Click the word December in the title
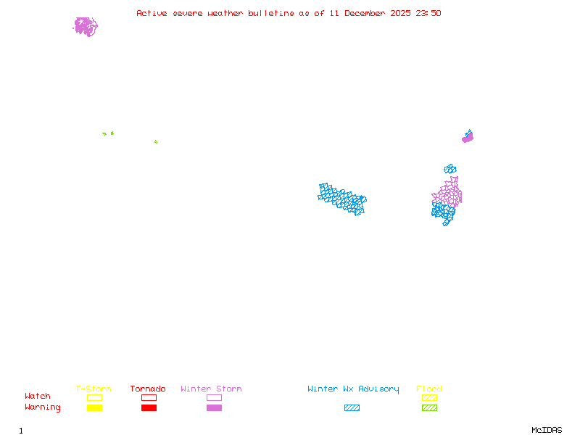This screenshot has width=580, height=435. [x=365, y=13]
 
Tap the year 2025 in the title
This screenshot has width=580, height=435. [x=400, y=13]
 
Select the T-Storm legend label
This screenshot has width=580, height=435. [x=94, y=389]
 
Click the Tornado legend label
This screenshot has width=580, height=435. [x=148, y=389]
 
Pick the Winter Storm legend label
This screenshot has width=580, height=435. [x=211, y=389]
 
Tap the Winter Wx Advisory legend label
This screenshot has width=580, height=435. [x=353, y=389]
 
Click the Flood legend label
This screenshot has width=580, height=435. [x=429, y=389]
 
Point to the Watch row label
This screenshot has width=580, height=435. [x=38, y=397]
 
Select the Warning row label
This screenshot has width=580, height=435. [x=43, y=407]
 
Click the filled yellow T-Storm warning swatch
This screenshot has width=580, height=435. [x=94, y=407]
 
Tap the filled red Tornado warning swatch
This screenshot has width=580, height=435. [x=149, y=407]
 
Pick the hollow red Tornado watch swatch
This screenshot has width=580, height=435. [x=149, y=397]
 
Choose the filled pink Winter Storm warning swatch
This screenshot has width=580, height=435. [x=214, y=407]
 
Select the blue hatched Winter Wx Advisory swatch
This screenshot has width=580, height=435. [x=352, y=407]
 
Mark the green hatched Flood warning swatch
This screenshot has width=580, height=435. [x=429, y=407]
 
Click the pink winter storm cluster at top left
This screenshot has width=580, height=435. [x=86, y=27]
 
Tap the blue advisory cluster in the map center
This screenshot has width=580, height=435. [x=342, y=199]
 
